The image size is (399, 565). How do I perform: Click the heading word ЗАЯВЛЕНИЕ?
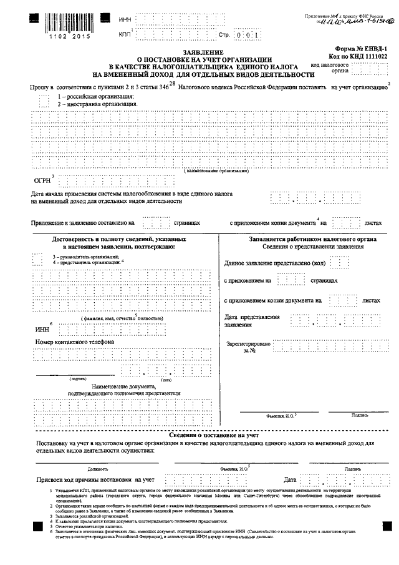tap(202, 52)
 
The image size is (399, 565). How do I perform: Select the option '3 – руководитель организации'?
tap(85, 257)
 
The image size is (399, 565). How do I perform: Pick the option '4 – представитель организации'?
tap(86, 263)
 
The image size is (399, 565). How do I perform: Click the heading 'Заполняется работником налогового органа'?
tap(305, 238)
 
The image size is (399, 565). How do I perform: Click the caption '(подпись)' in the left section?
tap(78, 379)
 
